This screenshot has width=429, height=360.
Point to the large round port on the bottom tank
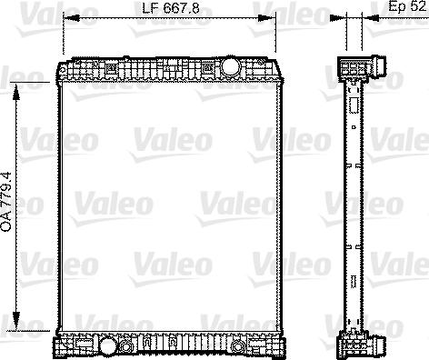click(108, 346)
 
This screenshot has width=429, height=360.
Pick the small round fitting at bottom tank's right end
click(237, 346)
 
